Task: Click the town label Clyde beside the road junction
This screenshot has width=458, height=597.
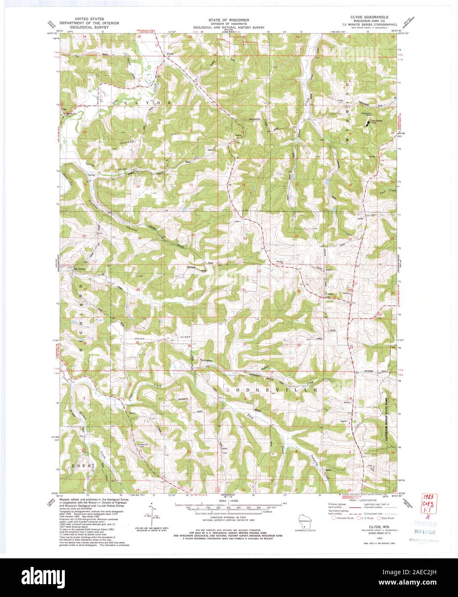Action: [x=170, y=54]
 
